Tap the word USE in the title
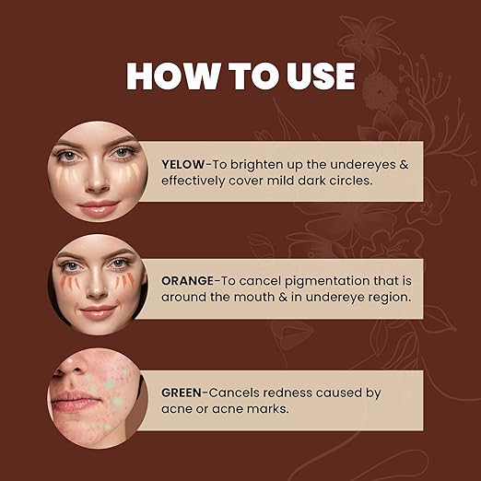(310, 76)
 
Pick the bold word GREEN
(186, 393)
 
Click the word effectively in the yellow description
(195, 181)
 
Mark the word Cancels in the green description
(245, 393)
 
